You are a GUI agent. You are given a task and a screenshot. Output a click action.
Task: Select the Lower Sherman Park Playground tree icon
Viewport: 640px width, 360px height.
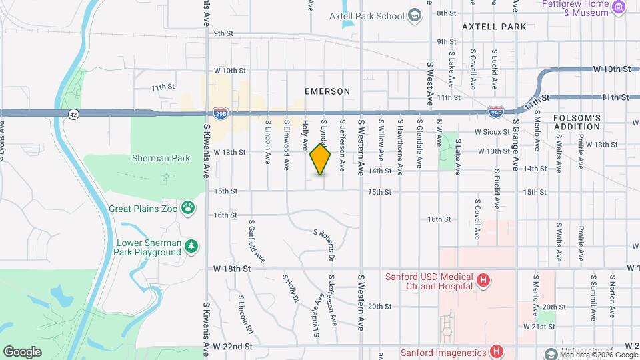click(192, 247)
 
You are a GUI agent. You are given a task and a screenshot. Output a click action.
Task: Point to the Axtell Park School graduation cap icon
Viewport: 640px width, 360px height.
click(414, 15)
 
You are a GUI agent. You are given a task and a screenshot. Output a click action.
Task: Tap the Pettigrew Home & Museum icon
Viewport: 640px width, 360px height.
click(619, 7)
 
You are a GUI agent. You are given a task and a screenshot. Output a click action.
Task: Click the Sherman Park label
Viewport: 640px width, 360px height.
click(161, 159)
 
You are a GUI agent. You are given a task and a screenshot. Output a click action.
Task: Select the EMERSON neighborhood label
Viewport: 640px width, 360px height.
click(327, 91)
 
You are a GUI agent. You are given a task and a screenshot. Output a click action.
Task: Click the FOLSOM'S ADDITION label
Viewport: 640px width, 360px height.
click(577, 123)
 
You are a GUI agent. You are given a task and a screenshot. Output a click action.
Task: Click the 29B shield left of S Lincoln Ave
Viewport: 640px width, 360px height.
click(221, 114)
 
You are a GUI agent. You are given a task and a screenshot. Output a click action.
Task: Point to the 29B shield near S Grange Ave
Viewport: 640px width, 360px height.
click(495, 111)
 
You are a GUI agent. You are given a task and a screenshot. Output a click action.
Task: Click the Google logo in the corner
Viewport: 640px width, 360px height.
click(22, 351)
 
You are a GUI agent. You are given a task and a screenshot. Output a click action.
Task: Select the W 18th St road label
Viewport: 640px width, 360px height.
click(232, 268)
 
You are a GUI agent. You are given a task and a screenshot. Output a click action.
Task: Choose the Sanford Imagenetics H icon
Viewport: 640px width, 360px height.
click(496, 350)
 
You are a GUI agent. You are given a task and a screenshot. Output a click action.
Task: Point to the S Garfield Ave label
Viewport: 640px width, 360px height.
click(257, 241)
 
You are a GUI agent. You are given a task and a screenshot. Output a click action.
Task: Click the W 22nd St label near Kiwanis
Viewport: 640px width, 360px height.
click(233, 347)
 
